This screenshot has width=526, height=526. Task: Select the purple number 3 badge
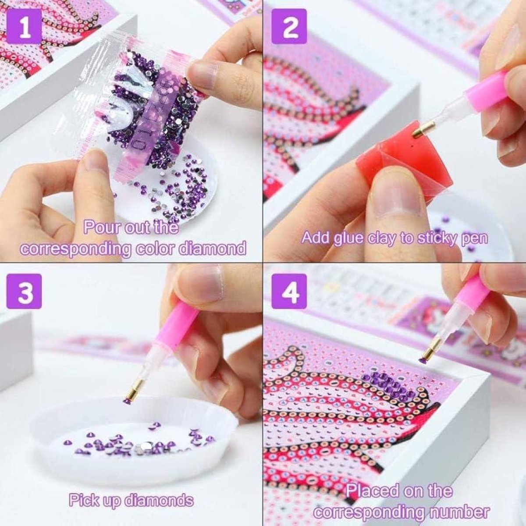25,291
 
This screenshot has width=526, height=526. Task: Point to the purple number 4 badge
289,291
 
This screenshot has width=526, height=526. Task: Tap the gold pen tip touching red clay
423,130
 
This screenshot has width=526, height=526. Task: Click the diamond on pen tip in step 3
128,401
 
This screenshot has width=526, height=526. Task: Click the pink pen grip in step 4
471,291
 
